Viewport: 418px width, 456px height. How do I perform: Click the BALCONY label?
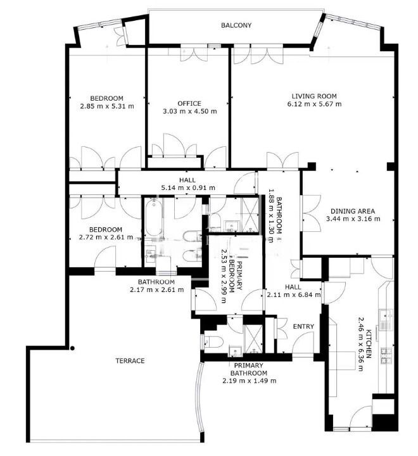click(x=236, y=25)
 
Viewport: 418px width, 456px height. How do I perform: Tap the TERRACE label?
click(x=130, y=361)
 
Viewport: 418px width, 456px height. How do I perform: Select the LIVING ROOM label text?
click(x=314, y=96)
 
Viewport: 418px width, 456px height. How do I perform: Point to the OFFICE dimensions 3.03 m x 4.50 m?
click(x=189, y=111)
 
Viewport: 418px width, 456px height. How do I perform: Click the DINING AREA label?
click(x=353, y=211)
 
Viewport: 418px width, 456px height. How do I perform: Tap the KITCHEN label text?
click(x=369, y=344)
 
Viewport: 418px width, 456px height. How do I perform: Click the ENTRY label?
click(x=303, y=327)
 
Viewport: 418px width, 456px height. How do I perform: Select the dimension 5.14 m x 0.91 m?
click(x=188, y=188)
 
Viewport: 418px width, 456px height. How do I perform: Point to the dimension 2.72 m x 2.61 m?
click(x=106, y=237)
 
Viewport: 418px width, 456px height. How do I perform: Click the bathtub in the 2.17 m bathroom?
click(x=154, y=217)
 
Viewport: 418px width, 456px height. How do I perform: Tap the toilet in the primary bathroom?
click(x=214, y=342)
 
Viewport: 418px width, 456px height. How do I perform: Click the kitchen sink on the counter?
click(x=386, y=315)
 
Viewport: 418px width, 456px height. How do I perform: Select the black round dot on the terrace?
click(x=72, y=348)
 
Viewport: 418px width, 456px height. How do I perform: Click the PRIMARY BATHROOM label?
click(x=249, y=369)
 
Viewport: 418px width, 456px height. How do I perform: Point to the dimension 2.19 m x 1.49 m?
click(x=250, y=381)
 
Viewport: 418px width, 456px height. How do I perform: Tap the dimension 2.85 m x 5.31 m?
click(x=107, y=106)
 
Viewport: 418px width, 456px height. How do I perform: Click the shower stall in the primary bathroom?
click(x=253, y=339)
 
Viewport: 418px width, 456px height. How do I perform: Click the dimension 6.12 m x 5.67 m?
click(x=314, y=104)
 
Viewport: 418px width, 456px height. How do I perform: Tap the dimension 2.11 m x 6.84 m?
click(x=294, y=294)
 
